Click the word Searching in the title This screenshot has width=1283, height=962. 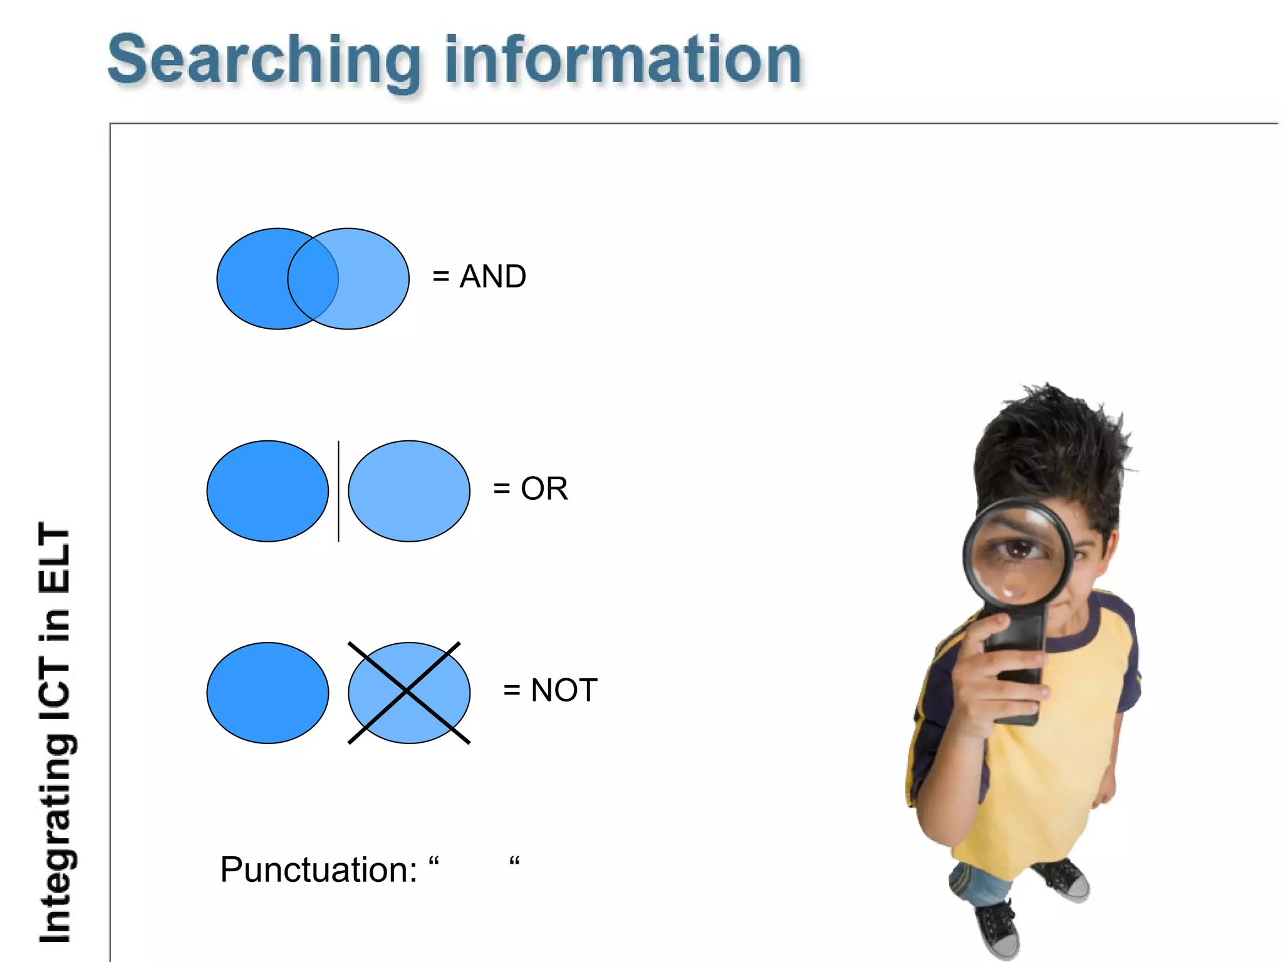click(263, 61)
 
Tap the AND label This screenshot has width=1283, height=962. click(493, 277)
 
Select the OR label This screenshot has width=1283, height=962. click(544, 489)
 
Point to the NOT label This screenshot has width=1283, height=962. click(564, 690)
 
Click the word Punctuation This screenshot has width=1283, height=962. click(318, 871)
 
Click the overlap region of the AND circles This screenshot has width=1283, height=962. click(313, 279)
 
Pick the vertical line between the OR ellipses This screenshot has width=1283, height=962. click(338, 491)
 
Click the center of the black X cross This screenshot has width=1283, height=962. click(408, 692)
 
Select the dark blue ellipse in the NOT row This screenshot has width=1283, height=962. click(268, 693)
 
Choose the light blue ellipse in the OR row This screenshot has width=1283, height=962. click(409, 491)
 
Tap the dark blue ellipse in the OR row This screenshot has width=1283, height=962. click(268, 491)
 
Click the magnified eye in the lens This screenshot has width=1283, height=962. click(1019, 550)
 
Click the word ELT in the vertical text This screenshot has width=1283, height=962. click(55, 559)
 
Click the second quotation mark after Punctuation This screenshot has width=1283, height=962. click(514, 862)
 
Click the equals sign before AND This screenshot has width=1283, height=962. click(440, 277)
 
